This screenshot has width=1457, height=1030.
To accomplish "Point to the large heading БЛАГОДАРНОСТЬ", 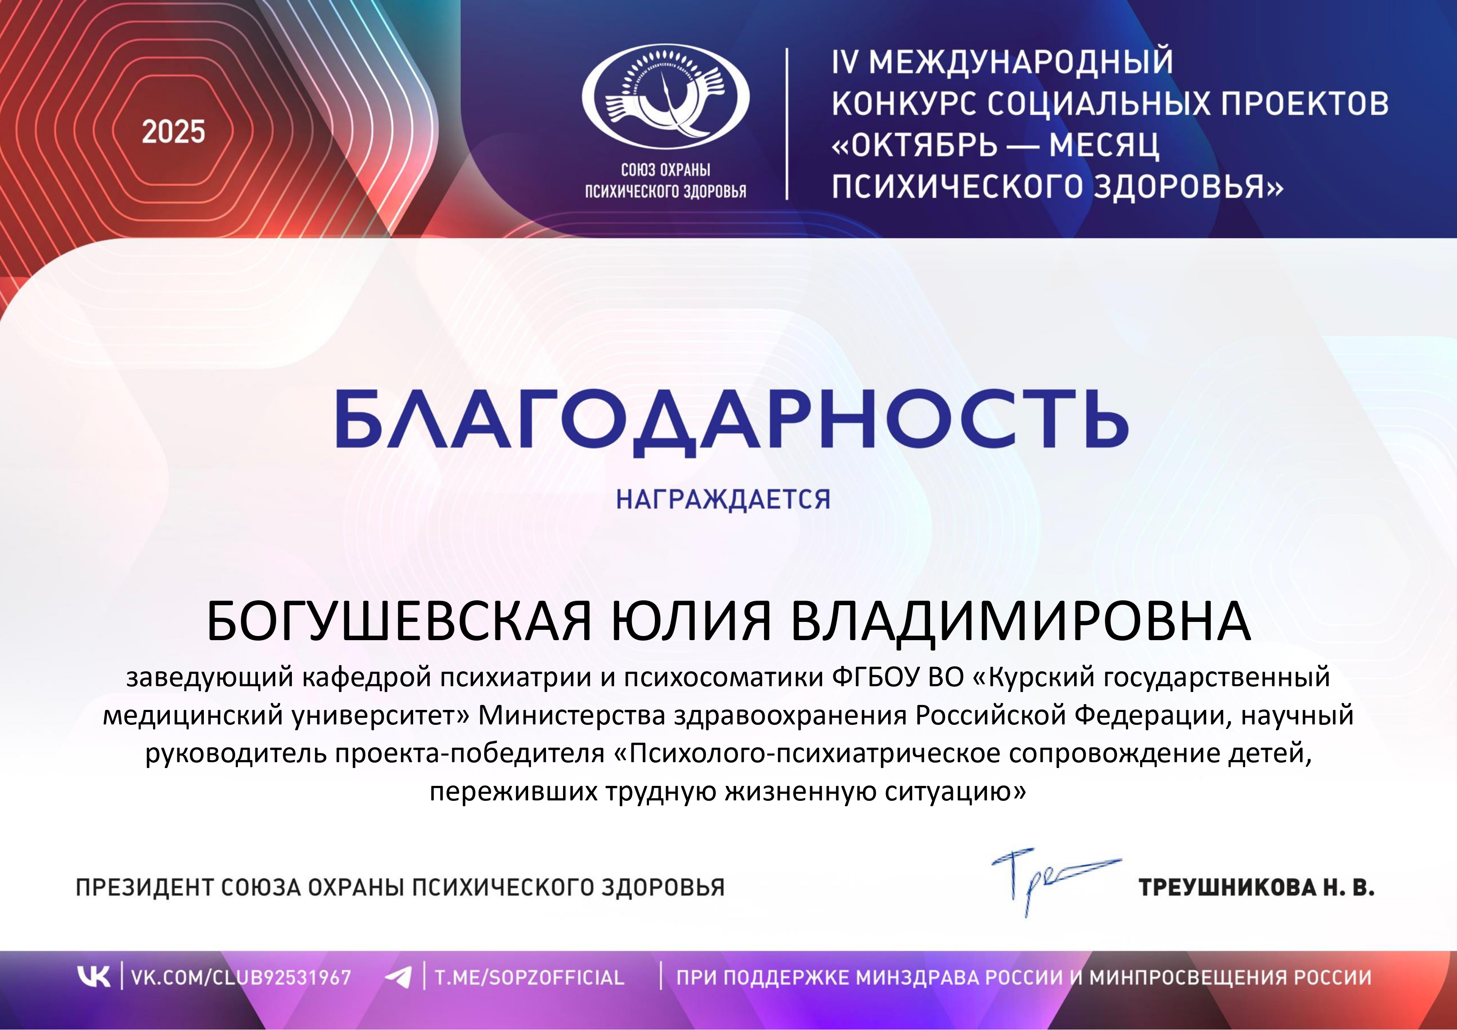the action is (732, 420).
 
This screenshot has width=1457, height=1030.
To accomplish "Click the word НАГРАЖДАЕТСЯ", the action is (723, 499).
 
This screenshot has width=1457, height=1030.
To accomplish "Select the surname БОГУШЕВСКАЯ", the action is (399, 621).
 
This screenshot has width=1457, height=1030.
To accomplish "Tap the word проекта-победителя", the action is (470, 754).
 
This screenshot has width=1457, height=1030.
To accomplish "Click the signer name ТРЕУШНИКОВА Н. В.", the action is (1256, 887).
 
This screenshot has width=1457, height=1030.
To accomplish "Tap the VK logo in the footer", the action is (93, 977).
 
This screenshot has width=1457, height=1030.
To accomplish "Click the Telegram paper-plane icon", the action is (399, 977).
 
